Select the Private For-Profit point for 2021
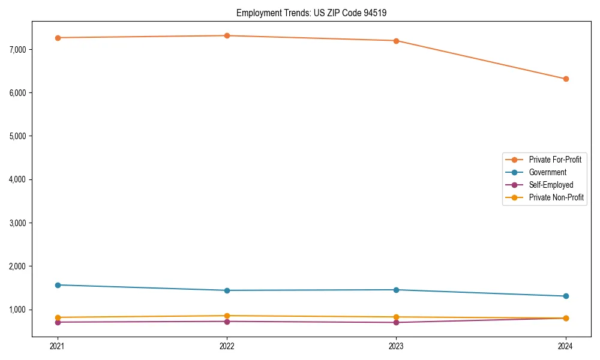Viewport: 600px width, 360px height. (58, 38)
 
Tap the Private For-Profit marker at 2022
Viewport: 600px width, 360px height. (227, 35)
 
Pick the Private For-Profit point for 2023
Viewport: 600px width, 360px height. (396, 41)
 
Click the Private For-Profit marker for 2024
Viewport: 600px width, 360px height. (566, 79)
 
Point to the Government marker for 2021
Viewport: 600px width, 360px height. (58, 285)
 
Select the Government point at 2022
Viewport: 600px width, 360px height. (227, 290)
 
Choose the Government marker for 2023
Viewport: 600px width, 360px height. (396, 290)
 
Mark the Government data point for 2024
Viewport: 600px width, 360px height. (566, 296)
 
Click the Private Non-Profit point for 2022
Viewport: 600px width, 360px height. (227, 316)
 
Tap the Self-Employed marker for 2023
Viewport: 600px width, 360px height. (396, 322)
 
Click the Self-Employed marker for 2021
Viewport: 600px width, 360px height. (58, 322)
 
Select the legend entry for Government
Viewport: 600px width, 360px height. (547, 172)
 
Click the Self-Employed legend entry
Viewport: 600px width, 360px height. (551, 185)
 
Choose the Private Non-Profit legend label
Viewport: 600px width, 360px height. (556, 197)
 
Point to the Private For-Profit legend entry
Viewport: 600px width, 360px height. (555, 160)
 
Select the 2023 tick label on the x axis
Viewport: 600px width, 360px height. (396, 346)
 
